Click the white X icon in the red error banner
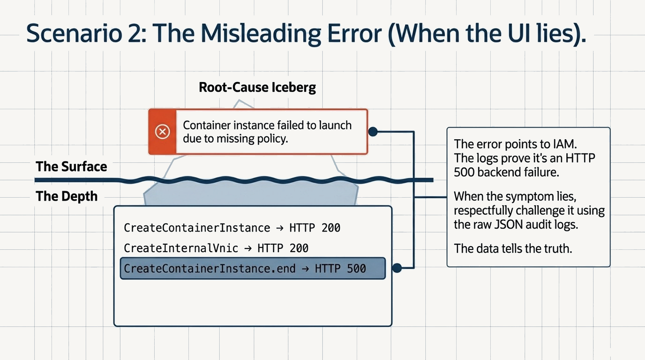tap(162, 132)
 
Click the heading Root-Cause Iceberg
tap(257, 87)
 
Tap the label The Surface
tap(71, 166)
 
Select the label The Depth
tap(66, 196)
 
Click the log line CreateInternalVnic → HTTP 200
tap(216, 248)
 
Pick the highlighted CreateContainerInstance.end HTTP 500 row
tap(253, 268)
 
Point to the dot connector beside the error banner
tap(373, 132)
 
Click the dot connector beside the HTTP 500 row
tap(397, 268)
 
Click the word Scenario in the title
tap(74, 33)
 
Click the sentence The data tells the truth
tap(513, 248)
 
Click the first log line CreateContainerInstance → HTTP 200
tap(232, 228)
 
